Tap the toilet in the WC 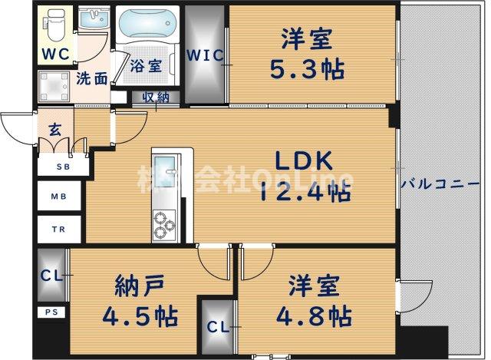[55, 25]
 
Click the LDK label [305, 162]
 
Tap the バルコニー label [441, 185]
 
